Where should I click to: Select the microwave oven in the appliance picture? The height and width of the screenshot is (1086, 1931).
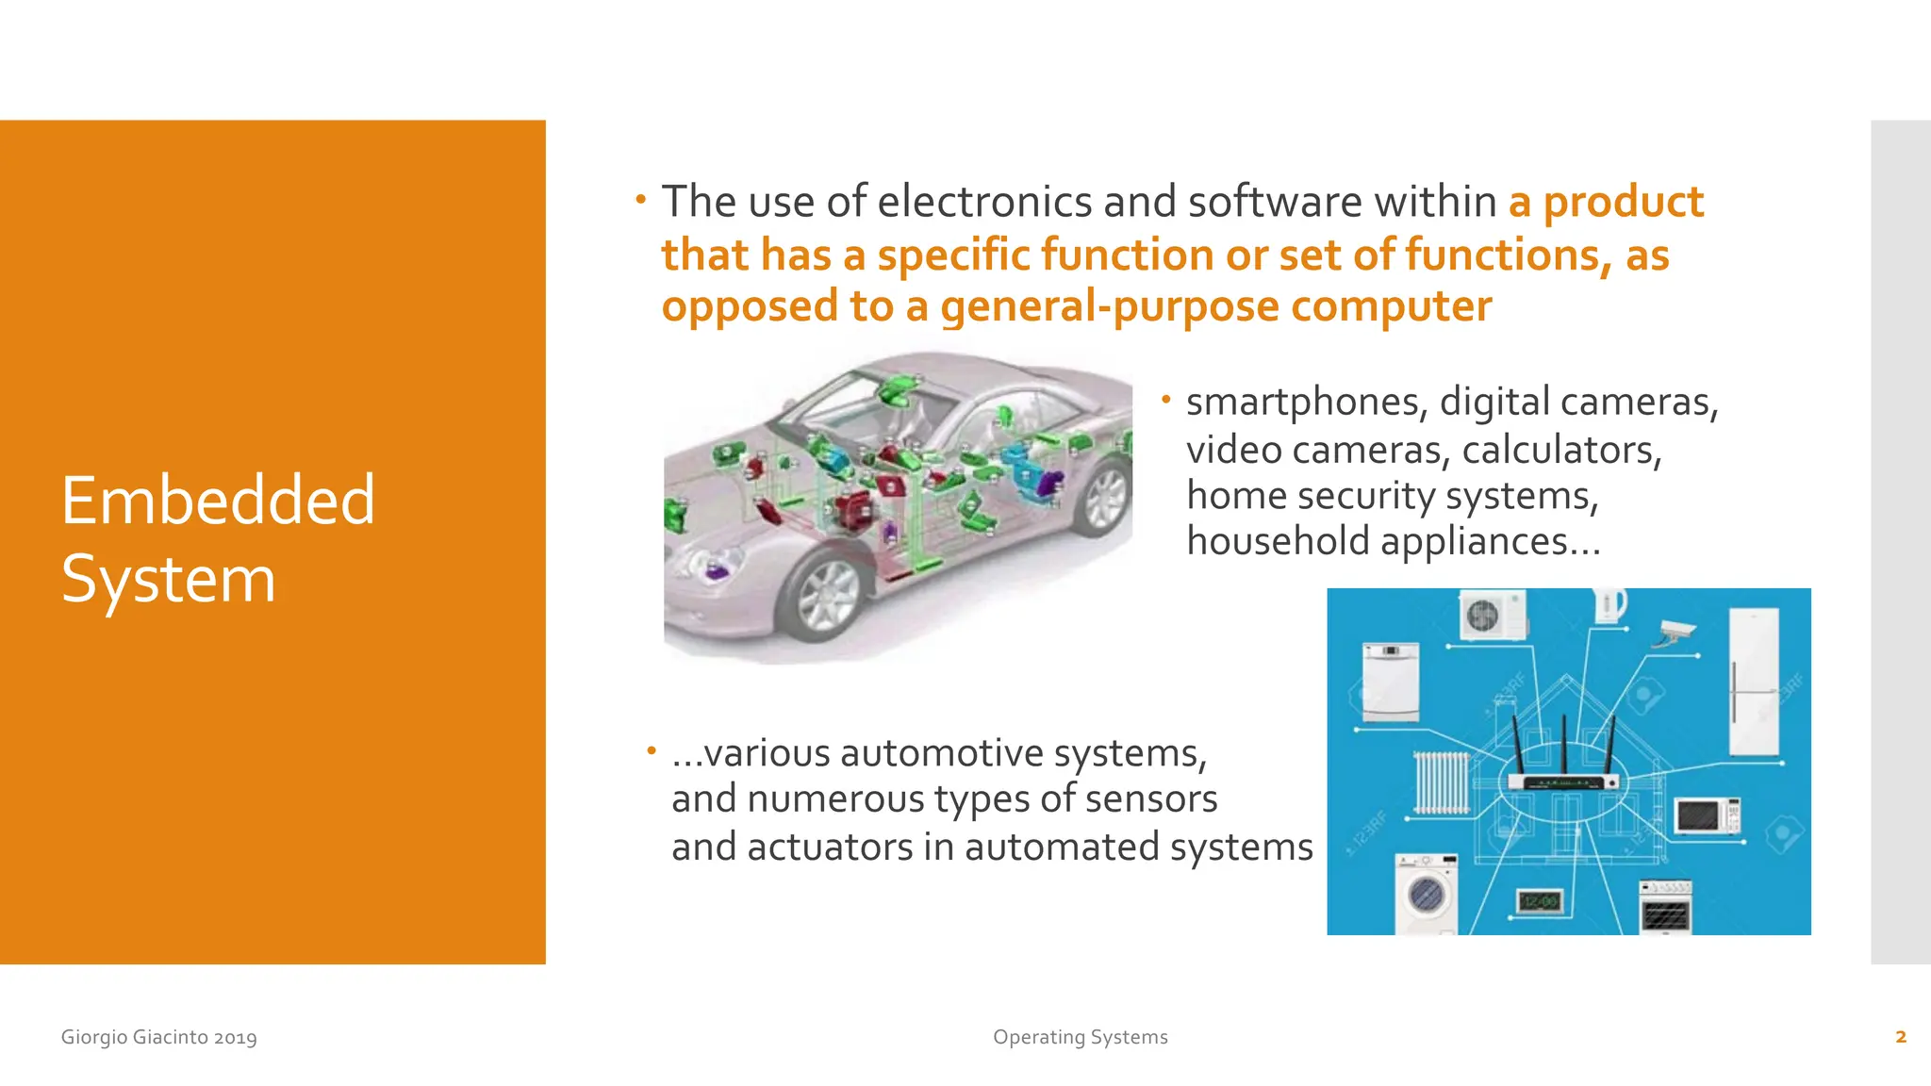1707,816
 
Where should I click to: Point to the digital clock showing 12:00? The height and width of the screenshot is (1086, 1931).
1539,902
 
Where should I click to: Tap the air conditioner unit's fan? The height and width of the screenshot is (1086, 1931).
1482,616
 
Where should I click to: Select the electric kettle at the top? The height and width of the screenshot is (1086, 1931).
1609,605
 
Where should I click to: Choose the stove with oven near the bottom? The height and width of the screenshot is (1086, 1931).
1665,907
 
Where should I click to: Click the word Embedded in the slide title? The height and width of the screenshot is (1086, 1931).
218,500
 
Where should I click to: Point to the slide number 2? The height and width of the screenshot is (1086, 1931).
1900,1037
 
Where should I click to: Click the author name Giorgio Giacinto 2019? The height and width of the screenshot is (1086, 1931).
158,1037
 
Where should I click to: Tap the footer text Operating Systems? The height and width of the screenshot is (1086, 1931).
1080,1037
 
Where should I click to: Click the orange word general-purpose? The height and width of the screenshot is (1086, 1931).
1109,307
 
